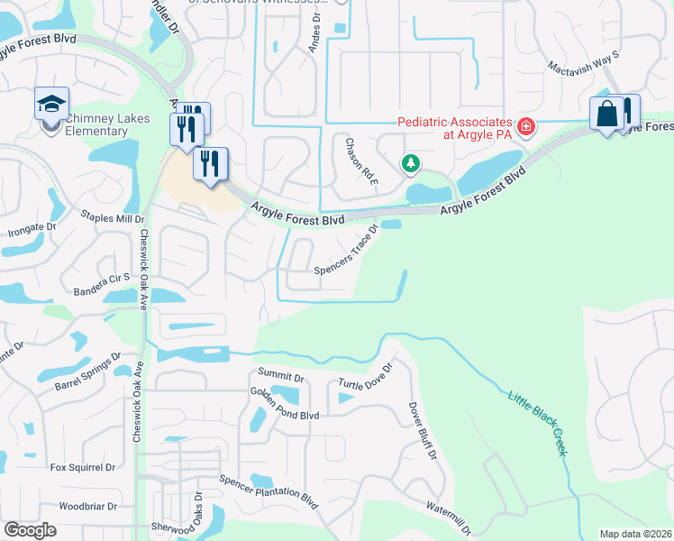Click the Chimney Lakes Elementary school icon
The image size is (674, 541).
pos(51,105)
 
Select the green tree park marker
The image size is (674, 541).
pos(411,163)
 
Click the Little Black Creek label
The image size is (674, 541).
pos(537,422)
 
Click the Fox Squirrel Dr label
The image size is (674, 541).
pos(83,467)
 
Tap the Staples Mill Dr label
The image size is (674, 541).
pos(113,217)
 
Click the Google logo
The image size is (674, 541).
pos(30,530)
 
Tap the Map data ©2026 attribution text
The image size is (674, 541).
pos(634,534)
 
